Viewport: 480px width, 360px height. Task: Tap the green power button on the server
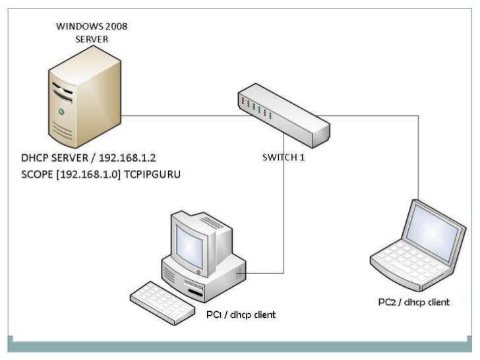[x=61, y=111]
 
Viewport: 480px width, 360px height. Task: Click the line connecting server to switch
[x=178, y=116]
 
